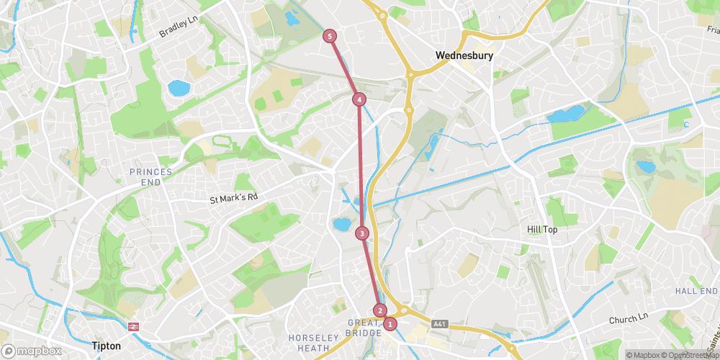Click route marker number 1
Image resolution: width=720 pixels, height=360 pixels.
click(390, 324)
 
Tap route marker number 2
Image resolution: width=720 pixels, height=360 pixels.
click(381, 311)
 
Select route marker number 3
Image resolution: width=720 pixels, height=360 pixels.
click(361, 233)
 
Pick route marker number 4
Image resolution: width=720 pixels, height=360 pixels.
click(359, 99)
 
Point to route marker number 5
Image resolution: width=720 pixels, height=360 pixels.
click(330, 36)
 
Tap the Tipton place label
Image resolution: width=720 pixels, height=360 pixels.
click(107, 346)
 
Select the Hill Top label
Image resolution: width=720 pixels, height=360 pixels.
click(542, 229)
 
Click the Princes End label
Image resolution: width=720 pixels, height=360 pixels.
click(151, 176)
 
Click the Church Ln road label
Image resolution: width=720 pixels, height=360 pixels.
click(629, 318)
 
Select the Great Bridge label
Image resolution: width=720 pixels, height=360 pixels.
click(363, 328)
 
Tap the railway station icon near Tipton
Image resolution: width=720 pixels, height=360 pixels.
click(133, 327)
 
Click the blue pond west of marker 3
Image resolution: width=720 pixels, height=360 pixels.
click(341, 225)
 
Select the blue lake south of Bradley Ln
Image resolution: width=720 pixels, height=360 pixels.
click(178, 88)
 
